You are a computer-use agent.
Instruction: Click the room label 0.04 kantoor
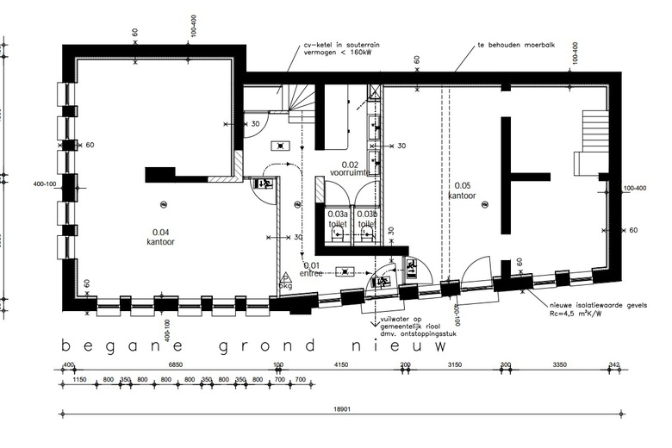[160, 236]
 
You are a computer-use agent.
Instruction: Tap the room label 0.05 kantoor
[461, 190]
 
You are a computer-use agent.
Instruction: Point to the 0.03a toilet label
[338, 219]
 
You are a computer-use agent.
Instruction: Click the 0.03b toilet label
[368, 219]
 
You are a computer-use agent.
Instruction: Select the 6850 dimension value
[177, 365]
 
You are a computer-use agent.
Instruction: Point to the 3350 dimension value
[558, 365]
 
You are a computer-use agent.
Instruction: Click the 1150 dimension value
[80, 379]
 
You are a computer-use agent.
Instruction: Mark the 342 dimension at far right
[613, 365]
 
